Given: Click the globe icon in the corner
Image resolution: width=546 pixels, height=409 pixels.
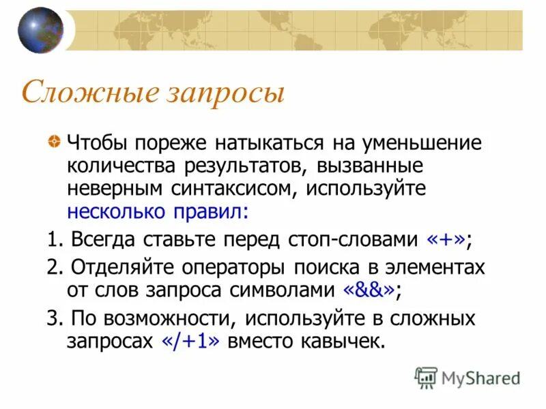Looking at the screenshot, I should [x=40, y=30].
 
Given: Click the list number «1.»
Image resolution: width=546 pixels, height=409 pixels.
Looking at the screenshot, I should [x=55, y=241].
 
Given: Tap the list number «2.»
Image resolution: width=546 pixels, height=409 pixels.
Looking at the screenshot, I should [x=55, y=267].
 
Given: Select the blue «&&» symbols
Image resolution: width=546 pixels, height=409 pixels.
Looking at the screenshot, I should [x=369, y=289].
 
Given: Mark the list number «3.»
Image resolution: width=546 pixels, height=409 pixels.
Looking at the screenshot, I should [x=55, y=318].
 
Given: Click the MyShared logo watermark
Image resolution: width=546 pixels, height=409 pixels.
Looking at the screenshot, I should [x=468, y=377].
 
